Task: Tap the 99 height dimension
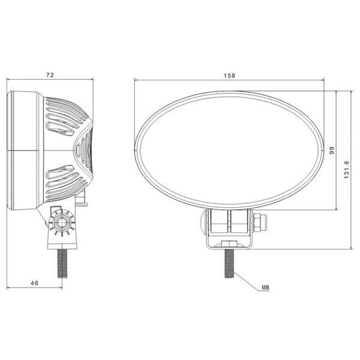click(x=331, y=151)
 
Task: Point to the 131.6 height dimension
click(x=347, y=169)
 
